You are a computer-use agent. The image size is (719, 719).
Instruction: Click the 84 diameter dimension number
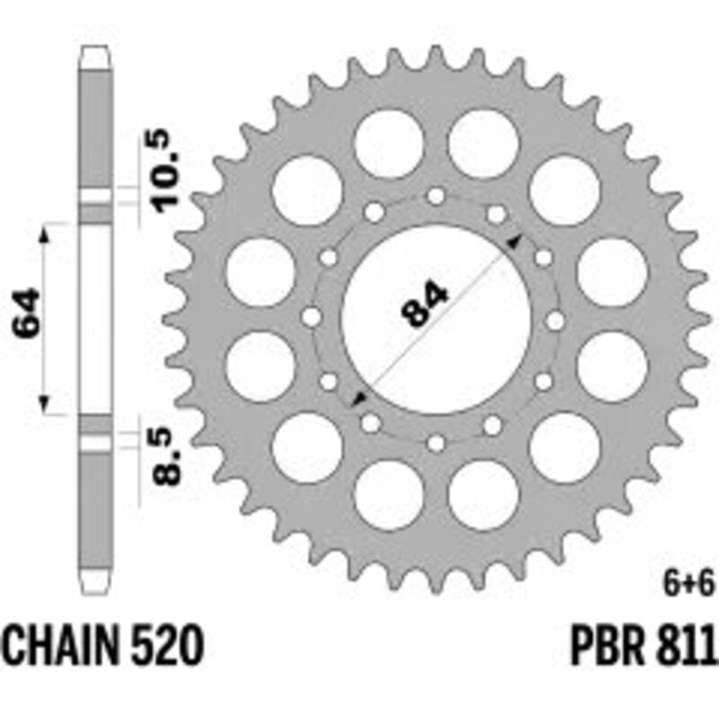click(x=424, y=305)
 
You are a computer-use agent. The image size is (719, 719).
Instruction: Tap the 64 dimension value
click(x=27, y=313)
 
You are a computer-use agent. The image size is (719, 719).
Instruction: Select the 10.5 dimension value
click(x=167, y=171)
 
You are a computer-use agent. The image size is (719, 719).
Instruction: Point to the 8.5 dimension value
click(x=167, y=457)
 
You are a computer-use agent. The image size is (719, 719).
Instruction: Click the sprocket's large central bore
click(x=436, y=320)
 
